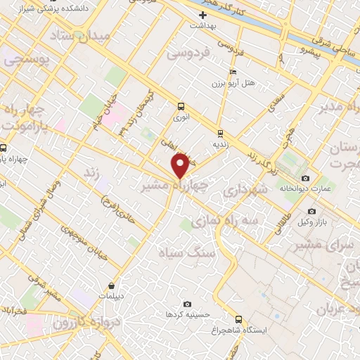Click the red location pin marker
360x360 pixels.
pyautogui.click(x=181, y=165)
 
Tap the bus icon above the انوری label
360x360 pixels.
pyautogui.click(x=181, y=107)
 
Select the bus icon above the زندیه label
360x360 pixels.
pyautogui.click(x=220, y=132)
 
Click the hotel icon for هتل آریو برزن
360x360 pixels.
pyautogui.click(x=233, y=72)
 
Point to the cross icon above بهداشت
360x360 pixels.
pyautogui.click(x=203, y=15)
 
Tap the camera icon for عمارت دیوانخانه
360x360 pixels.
pyautogui.click(x=305, y=178)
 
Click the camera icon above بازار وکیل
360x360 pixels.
pyautogui.click(x=311, y=211)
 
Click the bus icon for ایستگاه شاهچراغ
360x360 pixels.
pyautogui.click(x=238, y=319)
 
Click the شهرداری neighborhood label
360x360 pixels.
pyautogui.click(x=245, y=191)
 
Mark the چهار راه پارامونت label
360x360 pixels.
pyautogui.click(x=28, y=118)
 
